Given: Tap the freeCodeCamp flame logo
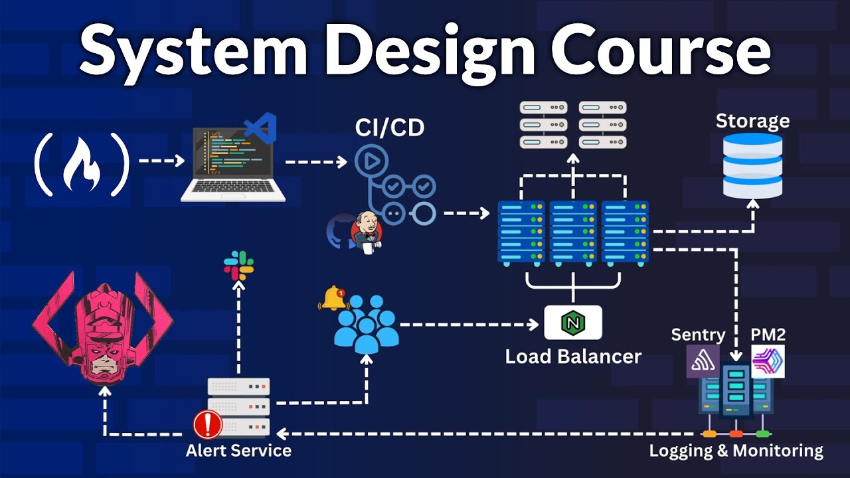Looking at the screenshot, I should [x=81, y=164].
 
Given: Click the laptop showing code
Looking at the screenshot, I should [x=233, y=166].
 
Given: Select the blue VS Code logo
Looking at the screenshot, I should [x=260, y=126].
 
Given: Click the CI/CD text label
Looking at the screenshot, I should [x=389, y=128].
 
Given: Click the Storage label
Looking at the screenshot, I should [x=752, y=121].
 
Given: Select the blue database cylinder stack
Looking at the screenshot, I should [x=752, y=166].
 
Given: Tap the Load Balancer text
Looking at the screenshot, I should [x=573, y=357].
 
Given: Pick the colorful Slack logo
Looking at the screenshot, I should [x=238, y=266].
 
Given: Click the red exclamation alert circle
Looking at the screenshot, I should [x=207, y=424].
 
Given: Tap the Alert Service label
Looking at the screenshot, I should [x=238, y=451].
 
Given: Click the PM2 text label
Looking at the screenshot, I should [x=768, y=334].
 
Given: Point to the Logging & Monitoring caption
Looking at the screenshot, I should [x=736, y=451].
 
